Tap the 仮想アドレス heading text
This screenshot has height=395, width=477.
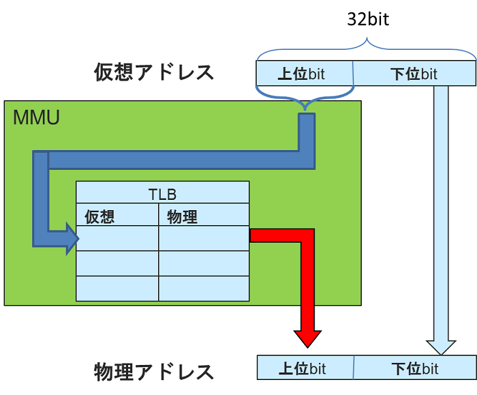click(x=153, y=72)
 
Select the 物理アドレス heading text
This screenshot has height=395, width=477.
click(x=153, y=372)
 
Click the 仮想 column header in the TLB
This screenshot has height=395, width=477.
click(x=100, y=216)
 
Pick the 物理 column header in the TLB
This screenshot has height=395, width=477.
click(x=182, y=216)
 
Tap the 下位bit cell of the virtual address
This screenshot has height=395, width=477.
click(x=414, y=74)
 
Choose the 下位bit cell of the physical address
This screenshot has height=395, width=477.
click(x=414, y=368)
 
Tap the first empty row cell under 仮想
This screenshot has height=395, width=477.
click(x=117, y=239)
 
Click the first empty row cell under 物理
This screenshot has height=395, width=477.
click(x=204, y=239)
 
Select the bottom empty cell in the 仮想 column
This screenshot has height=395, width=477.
click(x=117, y=289)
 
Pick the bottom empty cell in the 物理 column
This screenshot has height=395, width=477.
click(x=204, y=289)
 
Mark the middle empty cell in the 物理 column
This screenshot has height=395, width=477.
click(x=204, y=263)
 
